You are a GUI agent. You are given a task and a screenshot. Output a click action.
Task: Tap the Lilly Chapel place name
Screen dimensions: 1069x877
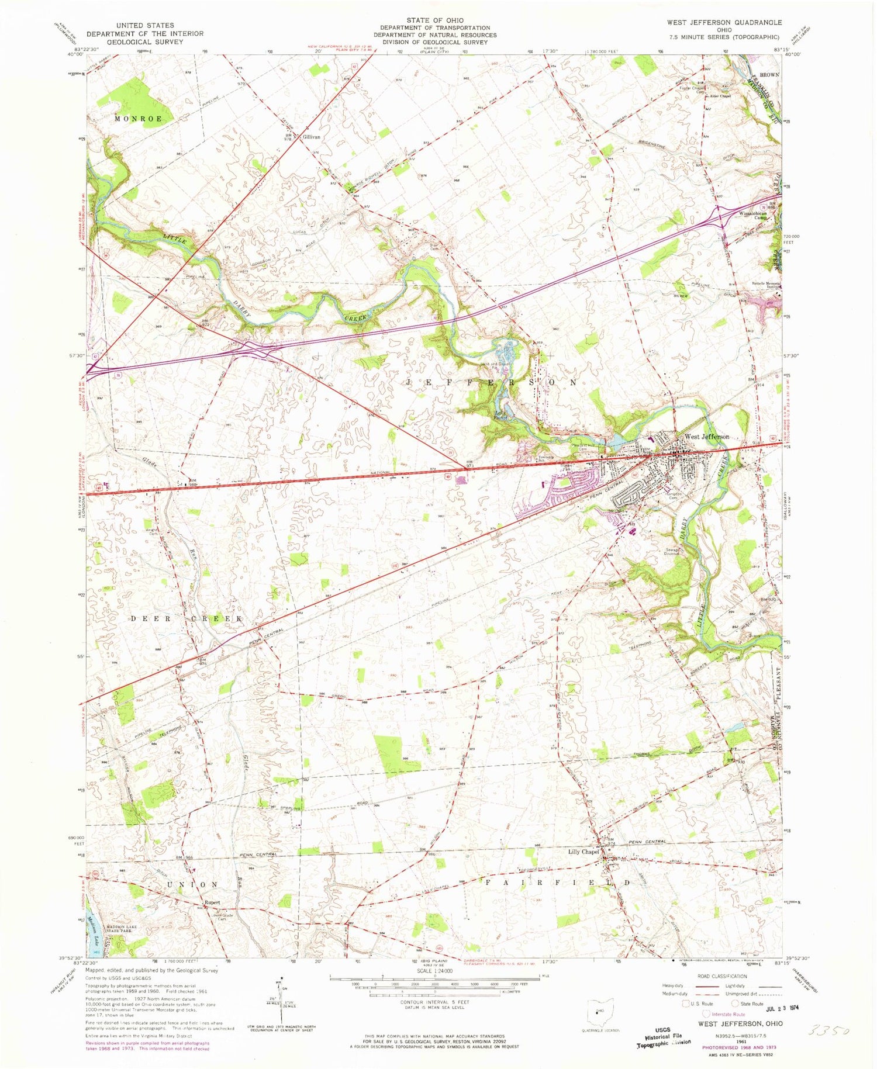pyautogui.click(x=583, y=852)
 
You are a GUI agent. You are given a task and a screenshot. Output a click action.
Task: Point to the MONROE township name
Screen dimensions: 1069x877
pyautogui.click(x=138, y=119)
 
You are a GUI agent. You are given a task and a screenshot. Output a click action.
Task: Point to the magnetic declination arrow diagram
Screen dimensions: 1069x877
pyautogui.click(x=282, y=1003)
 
